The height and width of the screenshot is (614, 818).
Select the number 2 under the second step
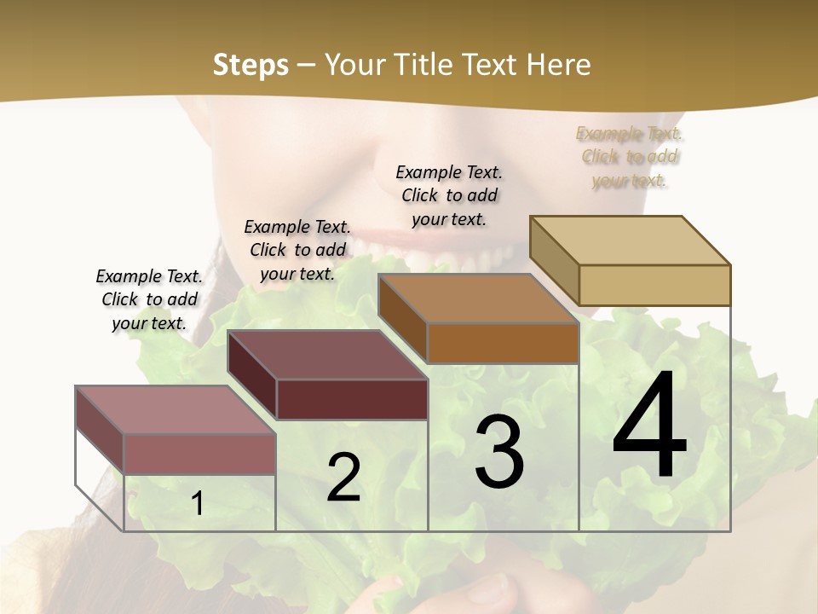coord(343,478)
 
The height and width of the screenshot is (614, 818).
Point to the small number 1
coord(198,504)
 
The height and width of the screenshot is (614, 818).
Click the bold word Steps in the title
coord(251,65)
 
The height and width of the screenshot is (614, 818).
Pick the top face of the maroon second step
coord(327,355)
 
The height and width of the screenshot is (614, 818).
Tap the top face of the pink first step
coord(176,410)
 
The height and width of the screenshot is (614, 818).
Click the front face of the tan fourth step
coord(654,285)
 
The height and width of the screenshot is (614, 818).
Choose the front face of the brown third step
coord(503,343)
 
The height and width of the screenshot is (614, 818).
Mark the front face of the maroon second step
coord(352,399)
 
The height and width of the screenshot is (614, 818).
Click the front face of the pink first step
coord(199,454)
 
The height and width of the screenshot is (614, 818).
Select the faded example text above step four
coord(630,157)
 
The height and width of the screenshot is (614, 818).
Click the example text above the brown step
coord(449,195)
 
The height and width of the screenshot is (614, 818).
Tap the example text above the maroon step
coord(297,250)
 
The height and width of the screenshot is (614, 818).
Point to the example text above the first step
coord(149,299)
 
